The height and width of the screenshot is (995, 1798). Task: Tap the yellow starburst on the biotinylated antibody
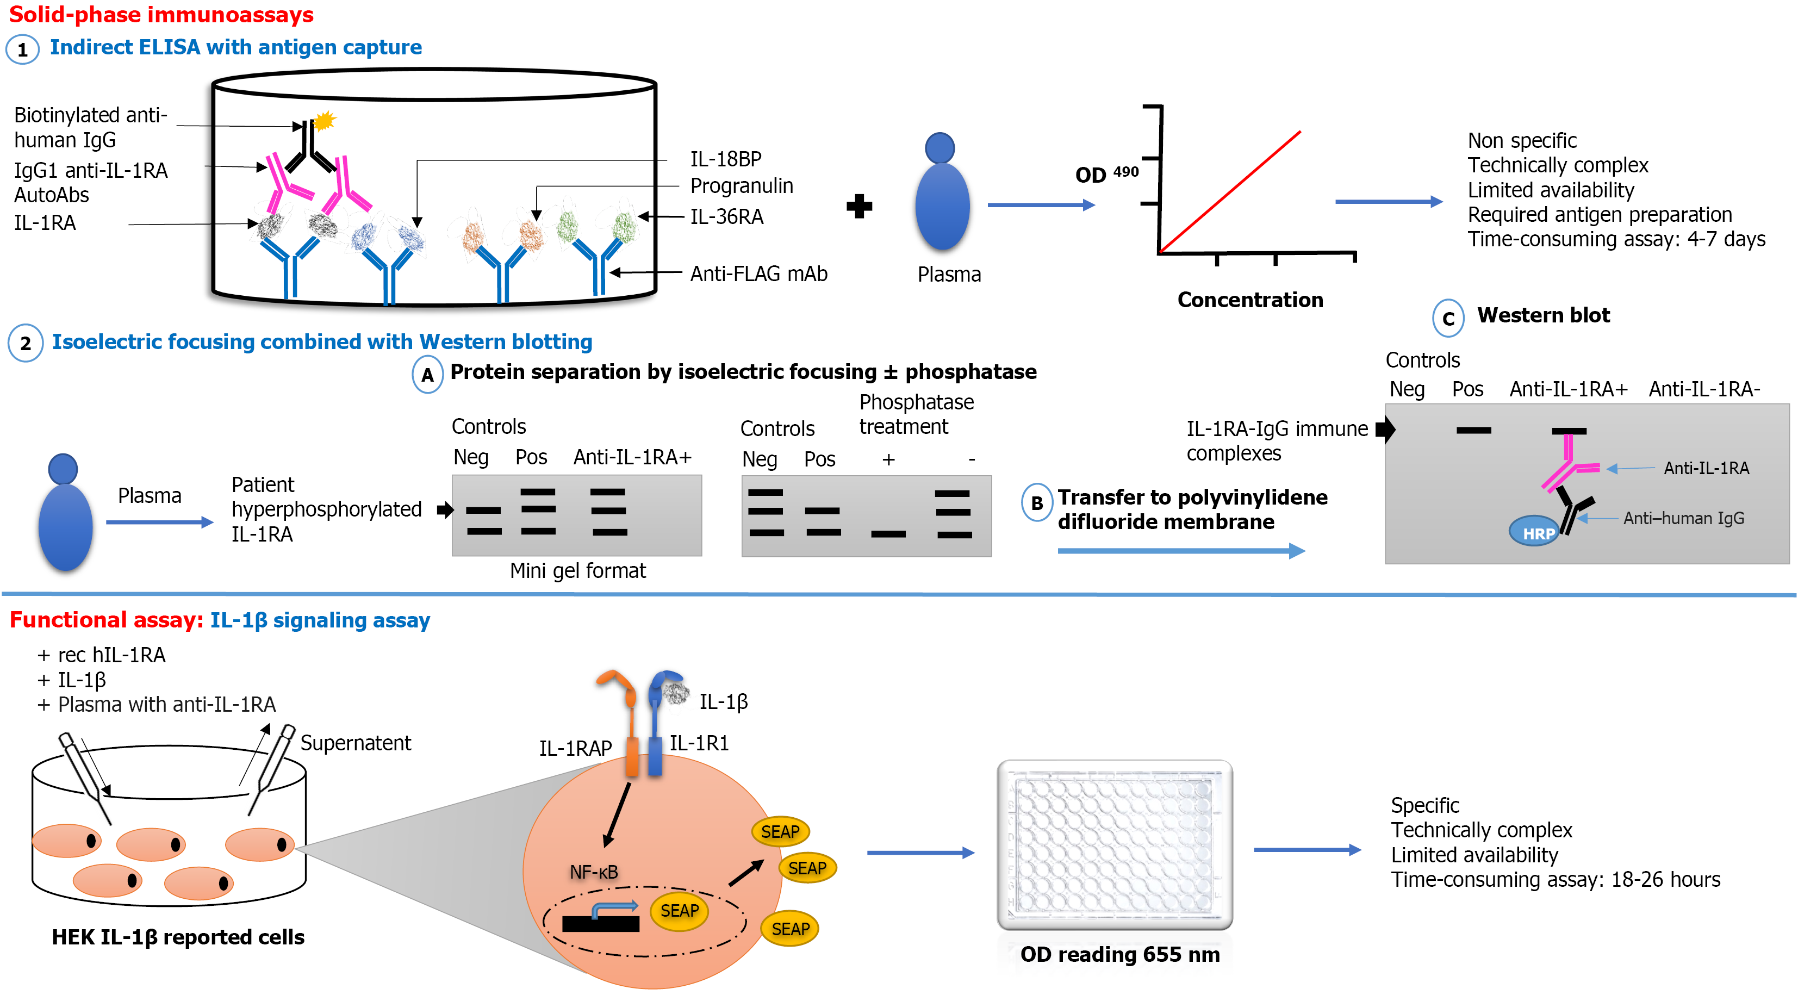point(324,121)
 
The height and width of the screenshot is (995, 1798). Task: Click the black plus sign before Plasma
point(859,206)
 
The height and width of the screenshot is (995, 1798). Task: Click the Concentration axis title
point(1249,300)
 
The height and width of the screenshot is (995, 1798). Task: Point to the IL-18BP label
point(725,159)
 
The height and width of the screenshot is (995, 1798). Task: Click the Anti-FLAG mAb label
point(758,273)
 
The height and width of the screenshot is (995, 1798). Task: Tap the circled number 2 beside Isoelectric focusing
point(25,343)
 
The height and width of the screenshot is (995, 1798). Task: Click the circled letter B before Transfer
point(1036,503)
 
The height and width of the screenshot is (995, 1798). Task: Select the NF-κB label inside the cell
point(593,872)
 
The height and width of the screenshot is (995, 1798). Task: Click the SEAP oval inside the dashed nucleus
point(679,911)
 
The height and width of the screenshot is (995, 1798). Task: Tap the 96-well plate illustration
point(1115,845)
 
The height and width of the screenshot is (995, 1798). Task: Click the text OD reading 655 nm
point(1119,955)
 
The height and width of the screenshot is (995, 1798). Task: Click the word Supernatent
point(355,743)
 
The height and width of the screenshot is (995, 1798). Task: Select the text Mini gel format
point(577,570)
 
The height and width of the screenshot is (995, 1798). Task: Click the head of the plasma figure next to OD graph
point(940,147)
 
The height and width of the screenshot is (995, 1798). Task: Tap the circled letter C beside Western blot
point(1448,319)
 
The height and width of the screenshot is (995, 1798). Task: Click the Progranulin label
point(741,186)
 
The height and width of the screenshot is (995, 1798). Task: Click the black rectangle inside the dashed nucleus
point(600,924)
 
